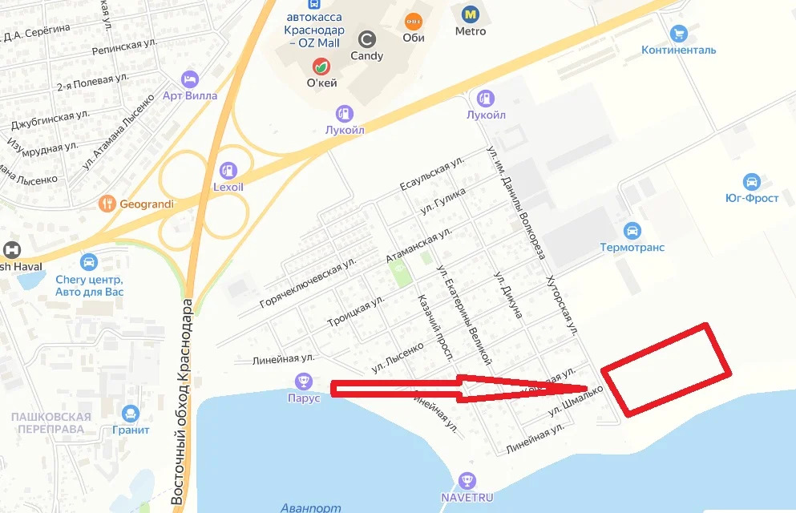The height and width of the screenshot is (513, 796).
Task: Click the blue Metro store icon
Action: (470, 14)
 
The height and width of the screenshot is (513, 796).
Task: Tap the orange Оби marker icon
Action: (414, 20)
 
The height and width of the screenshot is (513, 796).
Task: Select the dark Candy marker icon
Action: (366, 38)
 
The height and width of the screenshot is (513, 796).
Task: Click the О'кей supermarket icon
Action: (321, 66)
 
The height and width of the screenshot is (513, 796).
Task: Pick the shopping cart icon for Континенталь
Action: (679, 34)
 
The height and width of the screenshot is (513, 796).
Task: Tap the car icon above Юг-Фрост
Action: (751, 182)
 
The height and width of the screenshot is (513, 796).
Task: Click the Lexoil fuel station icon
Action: (228, 170)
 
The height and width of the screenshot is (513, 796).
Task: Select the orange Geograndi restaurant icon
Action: (107, 204)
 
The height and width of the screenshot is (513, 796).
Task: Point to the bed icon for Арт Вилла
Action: (190, 79)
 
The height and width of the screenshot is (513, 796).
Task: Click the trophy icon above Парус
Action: (303, 381)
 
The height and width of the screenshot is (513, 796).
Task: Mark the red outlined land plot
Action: (666, 370)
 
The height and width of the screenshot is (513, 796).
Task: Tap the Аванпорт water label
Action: (311, 507)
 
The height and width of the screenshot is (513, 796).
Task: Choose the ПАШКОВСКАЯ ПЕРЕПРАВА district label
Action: (51, 422)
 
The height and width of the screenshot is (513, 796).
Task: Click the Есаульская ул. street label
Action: (432, 174)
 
